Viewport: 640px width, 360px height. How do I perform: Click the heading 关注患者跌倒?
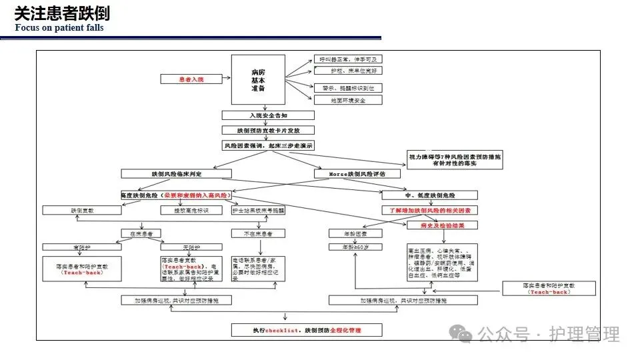coord(62,13)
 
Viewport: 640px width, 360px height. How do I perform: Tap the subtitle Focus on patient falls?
coord(59,28)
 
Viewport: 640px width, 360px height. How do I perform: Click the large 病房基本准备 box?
coord(258,80)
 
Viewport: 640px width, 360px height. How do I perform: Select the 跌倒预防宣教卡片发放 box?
coord(265,131)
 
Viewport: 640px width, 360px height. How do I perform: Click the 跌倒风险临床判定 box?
coord(176,173)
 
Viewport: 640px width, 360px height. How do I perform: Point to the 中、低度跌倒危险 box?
coord(429,195)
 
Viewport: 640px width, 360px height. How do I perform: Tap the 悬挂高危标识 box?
coord(193,210)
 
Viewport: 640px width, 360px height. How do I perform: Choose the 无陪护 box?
coord(181,248)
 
